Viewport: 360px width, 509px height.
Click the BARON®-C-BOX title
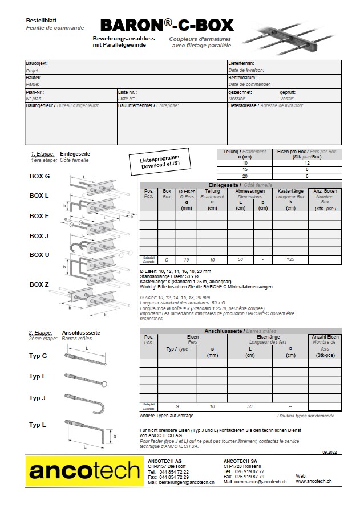click(x=167, y=25)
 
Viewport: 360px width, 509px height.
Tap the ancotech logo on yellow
click(x=84, y=471)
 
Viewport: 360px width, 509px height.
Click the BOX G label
click(x=39, y=176)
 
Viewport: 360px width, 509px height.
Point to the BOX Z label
click(x=39, y=283)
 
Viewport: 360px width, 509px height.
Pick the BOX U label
click(x=39, y=255)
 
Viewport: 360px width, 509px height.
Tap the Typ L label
click(x=38, y=425)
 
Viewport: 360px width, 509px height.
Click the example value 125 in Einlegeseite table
click(x=291, y=259)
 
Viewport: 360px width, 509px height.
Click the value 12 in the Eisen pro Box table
click(x=306, y=162)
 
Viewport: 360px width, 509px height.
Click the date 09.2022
click(x=329, y=451)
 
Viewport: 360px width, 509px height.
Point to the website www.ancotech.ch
click(x=314, y=482)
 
